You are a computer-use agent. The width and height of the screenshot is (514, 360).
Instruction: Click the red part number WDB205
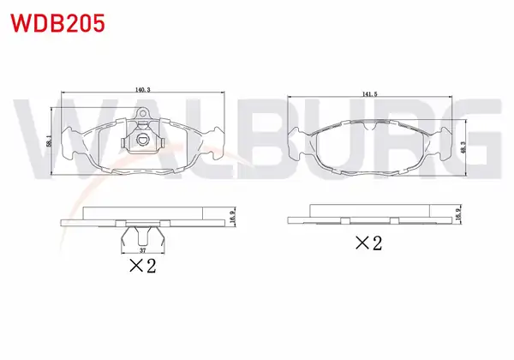(x=58, y=24)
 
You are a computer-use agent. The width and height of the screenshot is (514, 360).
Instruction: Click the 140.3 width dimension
(x=142, y=90)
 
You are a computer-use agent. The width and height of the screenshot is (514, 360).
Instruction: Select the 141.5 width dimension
(x=369, y=94)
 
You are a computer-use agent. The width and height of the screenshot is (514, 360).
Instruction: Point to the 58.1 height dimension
(x=49, y=140)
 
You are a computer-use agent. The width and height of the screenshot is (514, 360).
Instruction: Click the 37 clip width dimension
(x=142, y=250)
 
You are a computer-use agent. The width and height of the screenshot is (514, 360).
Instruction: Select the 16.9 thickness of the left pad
(x=232, y=217)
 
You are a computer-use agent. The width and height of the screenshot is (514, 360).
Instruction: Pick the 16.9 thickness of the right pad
(x=458, y=213)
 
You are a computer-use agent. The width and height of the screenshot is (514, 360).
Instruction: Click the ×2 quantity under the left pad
(x=142, y=266)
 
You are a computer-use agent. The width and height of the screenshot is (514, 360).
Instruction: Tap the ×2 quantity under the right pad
(x=368, y=243)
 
